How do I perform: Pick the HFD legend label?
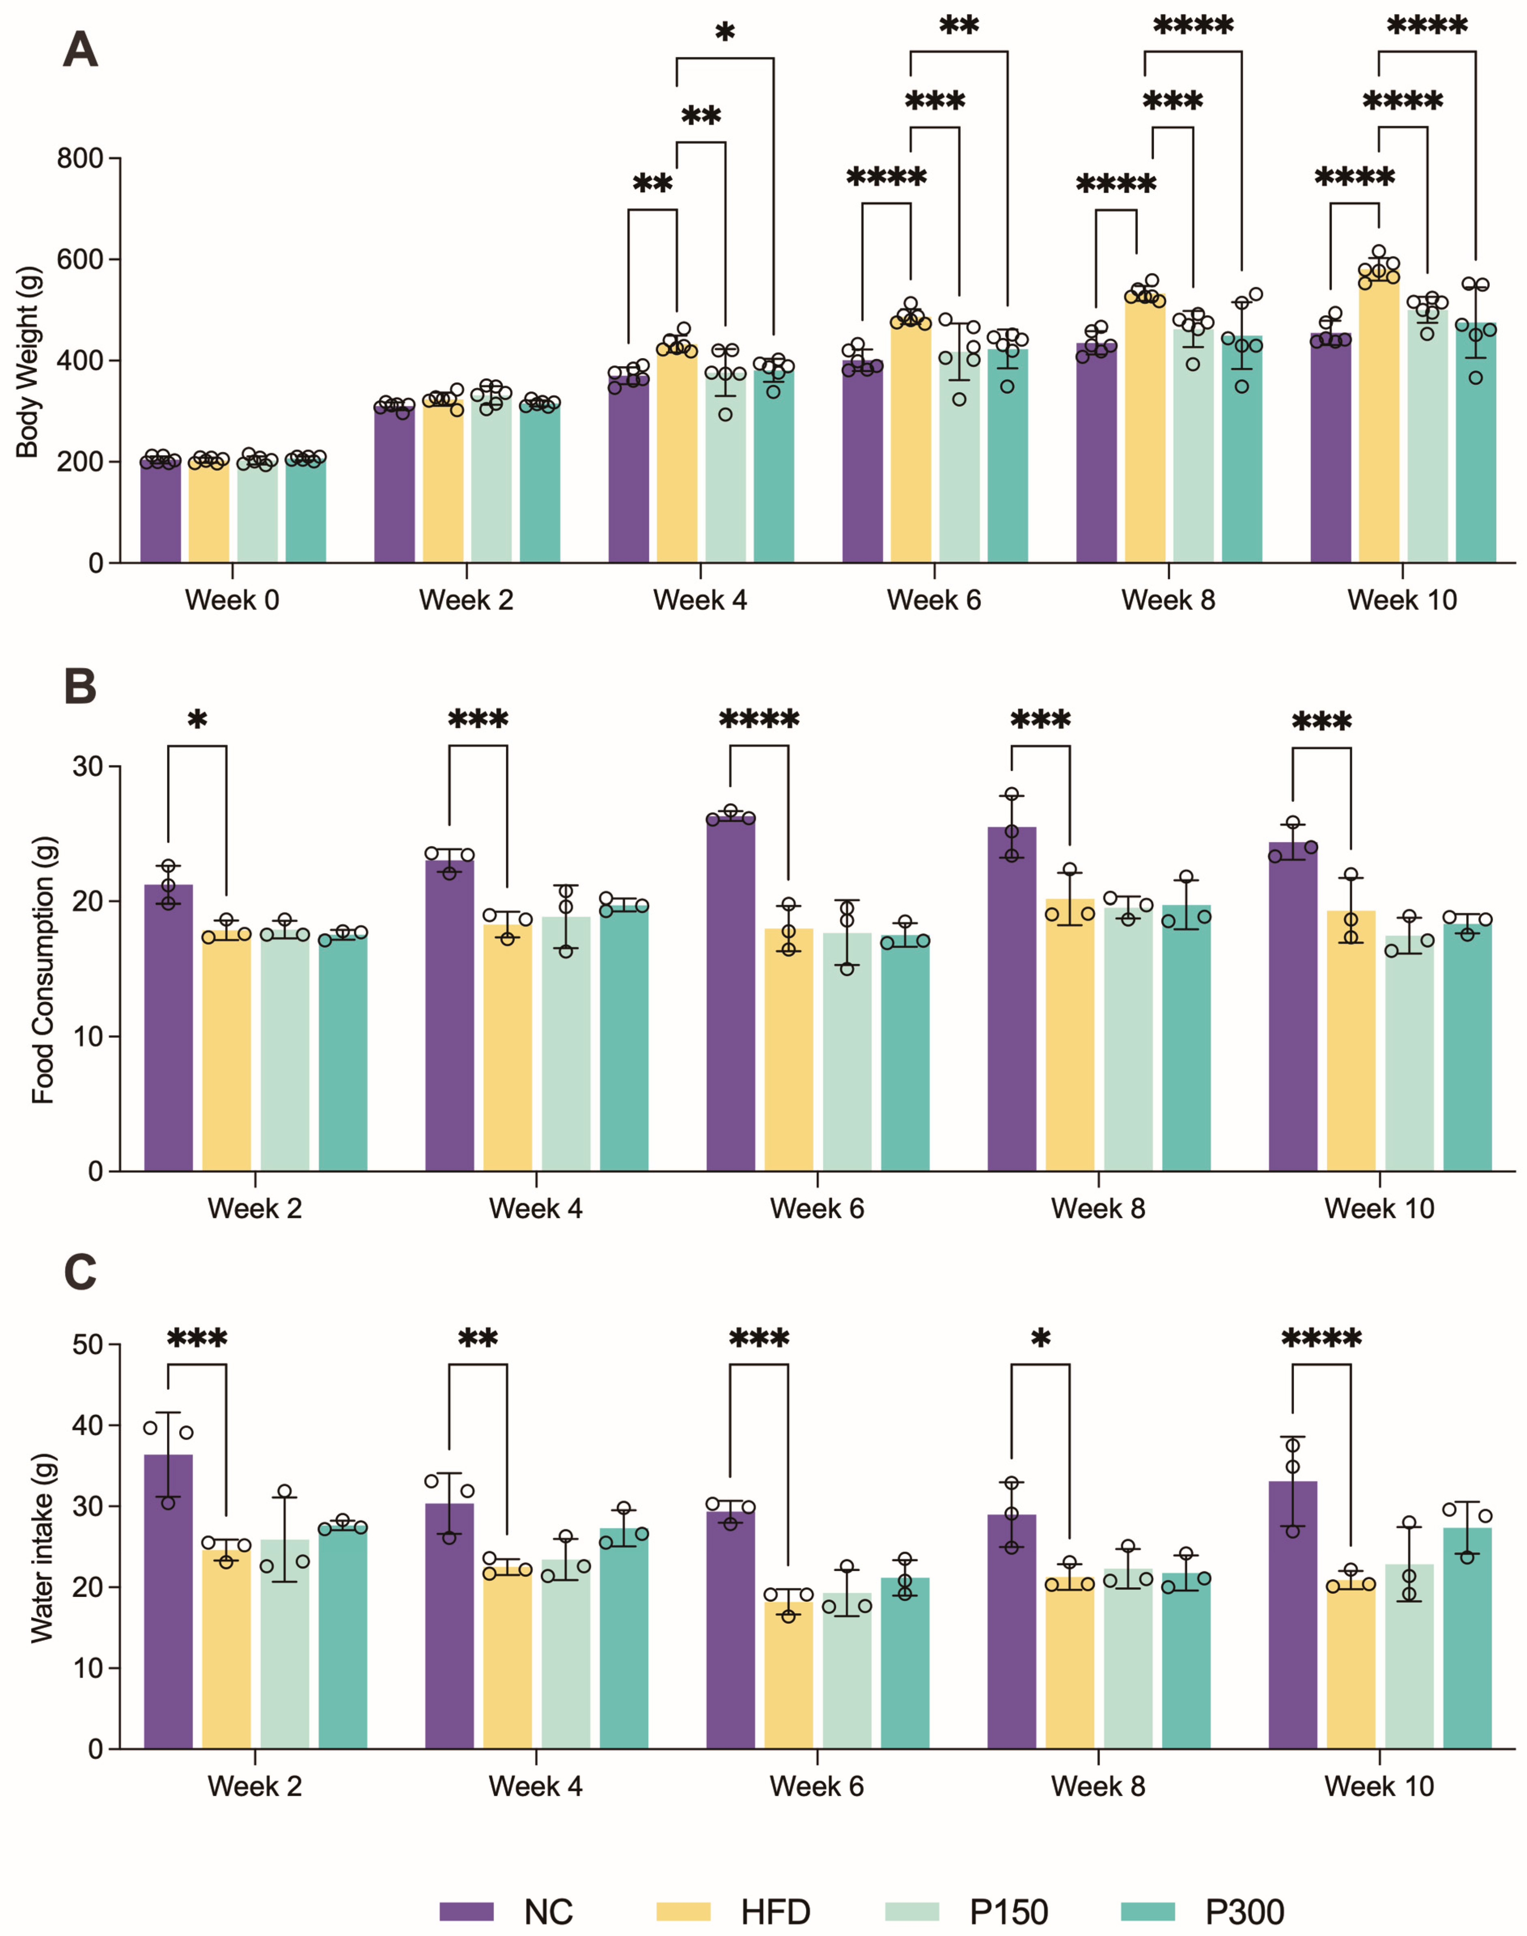point(775,1912)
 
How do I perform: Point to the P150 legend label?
point(1008,1912)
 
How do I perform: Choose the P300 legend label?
point(1244,1912)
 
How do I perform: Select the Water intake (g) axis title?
point(42,1547)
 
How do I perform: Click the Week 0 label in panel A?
point(232,600)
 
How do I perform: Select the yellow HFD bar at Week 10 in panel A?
point(1379,420)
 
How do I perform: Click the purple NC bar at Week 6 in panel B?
point(730,993)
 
